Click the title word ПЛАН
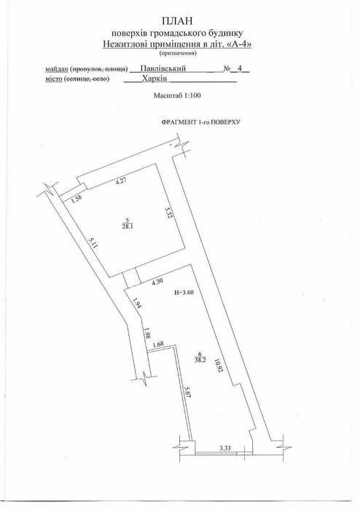pos(177,21)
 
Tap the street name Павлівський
pos(163,68)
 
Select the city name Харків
pos(154,79)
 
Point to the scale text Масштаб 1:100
pos(177,95)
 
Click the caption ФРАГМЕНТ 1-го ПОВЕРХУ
pos(201,122)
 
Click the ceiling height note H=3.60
pos(184,292)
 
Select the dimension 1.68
pos(158,344)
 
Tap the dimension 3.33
pos(225,449)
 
